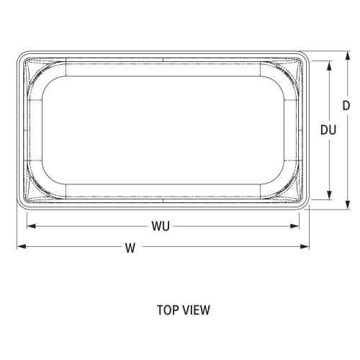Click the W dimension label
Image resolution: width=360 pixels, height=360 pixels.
click(x=130, y=248)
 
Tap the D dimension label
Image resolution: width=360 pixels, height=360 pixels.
click(x=346, y=105)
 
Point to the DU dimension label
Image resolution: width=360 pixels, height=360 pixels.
click(x=329, y=130)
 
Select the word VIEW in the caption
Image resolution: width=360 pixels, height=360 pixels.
click(x=195, y=311)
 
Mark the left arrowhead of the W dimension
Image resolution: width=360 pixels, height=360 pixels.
click(x=21, y=247)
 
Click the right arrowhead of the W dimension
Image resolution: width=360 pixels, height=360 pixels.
click(x=307, y=247)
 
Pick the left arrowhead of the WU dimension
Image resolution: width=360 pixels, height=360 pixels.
click(x=30, y=226)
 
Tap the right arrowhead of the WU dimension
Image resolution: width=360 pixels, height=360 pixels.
click(x=297, y=226)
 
